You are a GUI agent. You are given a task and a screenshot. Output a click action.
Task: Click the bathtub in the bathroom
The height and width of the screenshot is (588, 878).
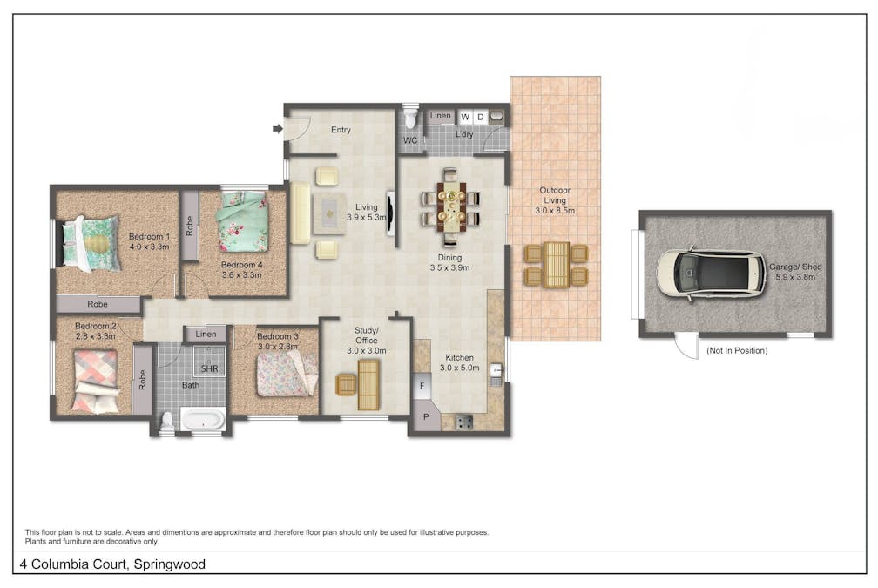click(x=203, y=420)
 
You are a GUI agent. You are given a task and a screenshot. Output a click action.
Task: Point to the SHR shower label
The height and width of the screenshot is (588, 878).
click(x=209, y=369)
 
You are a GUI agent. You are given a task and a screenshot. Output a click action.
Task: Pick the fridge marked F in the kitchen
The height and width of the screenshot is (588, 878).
click(x=422, y=384)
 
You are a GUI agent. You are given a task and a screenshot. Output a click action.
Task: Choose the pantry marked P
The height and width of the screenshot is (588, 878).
click(x=426, y=416)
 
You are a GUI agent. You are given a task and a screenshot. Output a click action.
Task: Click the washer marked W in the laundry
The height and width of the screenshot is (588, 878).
click(x=464, y=117)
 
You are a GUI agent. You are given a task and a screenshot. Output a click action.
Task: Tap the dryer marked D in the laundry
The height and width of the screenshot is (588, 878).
click(x=480, y=117)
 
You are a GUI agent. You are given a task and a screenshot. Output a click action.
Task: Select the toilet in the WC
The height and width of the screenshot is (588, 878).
click(x=410, y=119)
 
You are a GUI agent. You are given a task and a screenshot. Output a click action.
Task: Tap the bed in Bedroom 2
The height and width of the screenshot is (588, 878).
click(x=95, y=379)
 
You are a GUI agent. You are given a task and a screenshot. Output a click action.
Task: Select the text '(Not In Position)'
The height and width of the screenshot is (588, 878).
click(x=737, y=351)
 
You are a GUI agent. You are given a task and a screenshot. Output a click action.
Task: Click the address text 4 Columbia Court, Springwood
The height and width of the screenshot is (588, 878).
click(x=112, y=564)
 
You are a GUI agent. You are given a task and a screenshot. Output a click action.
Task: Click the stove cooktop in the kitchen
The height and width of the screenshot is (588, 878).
click(x=463, y=422)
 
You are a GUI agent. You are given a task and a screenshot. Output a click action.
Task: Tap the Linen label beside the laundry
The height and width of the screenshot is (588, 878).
click(x=440, y=116)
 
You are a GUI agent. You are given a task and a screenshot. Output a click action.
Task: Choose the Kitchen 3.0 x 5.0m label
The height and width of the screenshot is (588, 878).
click(x=461, y=362)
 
